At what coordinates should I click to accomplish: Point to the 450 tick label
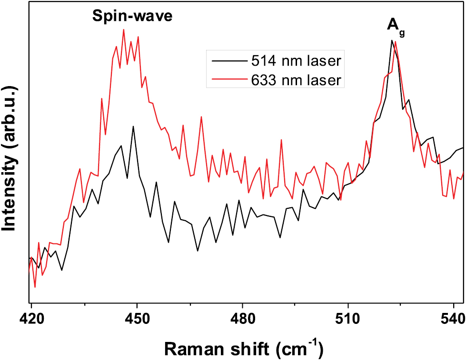[137, 316]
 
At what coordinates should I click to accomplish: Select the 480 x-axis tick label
[242, 316]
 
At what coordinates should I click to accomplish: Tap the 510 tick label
[348, 316]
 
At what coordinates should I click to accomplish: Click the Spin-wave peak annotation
[132, 16]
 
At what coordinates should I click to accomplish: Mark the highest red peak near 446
[123, 29]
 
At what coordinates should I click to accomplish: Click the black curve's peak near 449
[133, 126]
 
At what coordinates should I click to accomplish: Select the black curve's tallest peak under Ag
[391, 40]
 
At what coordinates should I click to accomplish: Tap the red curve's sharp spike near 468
[201, 117]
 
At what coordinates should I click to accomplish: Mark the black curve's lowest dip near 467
[198, 251]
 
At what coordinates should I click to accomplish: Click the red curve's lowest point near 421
[35, 287]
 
